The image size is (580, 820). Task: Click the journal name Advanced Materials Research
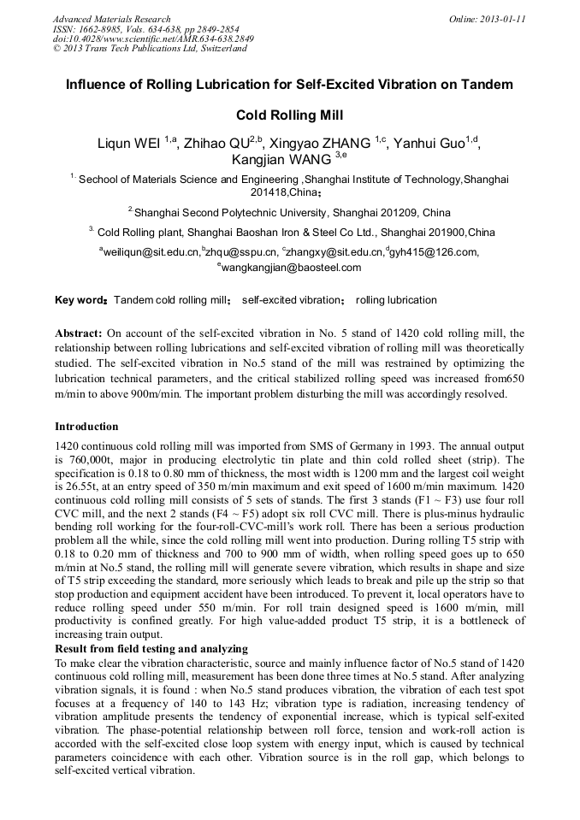coord(112,19)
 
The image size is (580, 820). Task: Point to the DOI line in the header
coord(153,38)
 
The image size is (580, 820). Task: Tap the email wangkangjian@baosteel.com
coord(291,268)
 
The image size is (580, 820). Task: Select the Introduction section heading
coord(86,426)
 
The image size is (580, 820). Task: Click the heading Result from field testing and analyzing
coord(151,649)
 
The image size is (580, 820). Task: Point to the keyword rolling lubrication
coord(396,301)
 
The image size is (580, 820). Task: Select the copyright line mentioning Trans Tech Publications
coord(150,49)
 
